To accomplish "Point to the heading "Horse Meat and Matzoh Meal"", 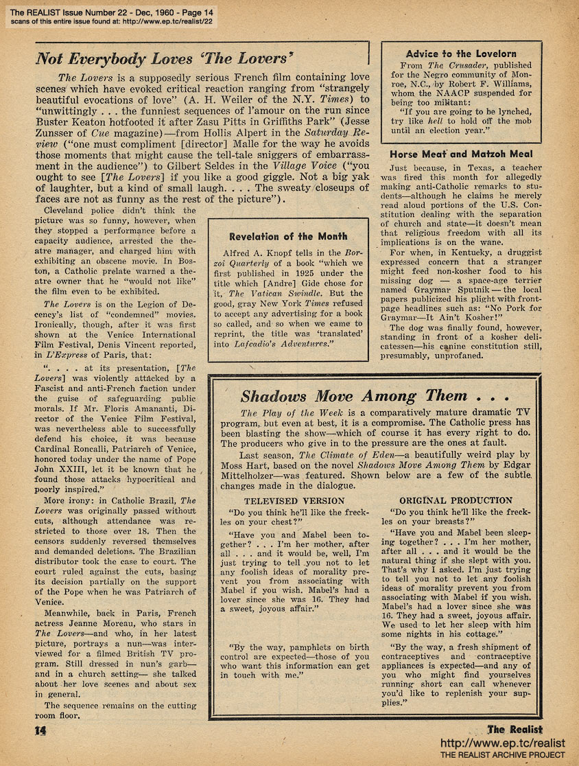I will [461, 154].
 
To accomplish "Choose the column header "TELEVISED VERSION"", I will [294, 501].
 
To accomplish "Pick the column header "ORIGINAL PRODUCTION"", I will [456, 500].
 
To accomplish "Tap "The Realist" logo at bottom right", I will [515, 729].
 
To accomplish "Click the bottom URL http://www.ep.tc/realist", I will [501, 743].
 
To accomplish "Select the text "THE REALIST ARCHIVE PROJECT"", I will [502, 756].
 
